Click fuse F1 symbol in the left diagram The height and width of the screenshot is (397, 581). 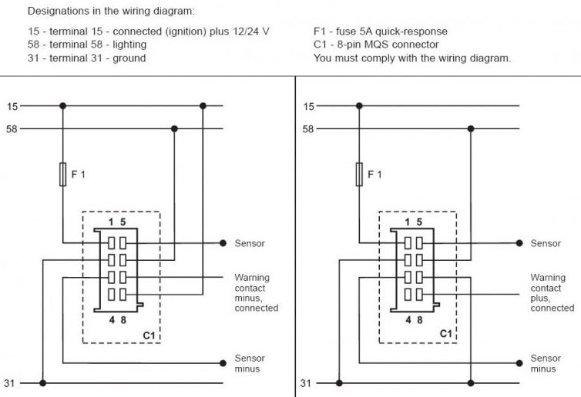(63, 174)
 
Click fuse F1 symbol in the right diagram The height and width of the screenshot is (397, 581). (359, 174)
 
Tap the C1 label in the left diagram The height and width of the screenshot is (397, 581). (149, 335)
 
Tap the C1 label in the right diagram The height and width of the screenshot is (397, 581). (445, 334)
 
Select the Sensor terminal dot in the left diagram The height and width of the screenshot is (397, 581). (223, 243)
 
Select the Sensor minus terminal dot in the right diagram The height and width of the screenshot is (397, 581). (519, 363)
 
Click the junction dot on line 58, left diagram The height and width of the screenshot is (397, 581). (174, 128)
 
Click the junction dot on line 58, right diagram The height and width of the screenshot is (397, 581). (471, 128)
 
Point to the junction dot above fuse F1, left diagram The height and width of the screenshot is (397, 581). (62, 106)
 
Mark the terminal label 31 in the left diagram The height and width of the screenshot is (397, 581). (9, 383)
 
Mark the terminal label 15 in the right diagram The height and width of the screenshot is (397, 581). (308, 106)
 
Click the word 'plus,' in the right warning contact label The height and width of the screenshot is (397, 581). (541, 299)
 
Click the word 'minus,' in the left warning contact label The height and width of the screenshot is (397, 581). (248, 299)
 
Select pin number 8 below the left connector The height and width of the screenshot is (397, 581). (123, 319)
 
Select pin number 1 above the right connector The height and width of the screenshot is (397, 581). (408, 222)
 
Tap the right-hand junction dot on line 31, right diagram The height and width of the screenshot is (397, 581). (471, 383)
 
